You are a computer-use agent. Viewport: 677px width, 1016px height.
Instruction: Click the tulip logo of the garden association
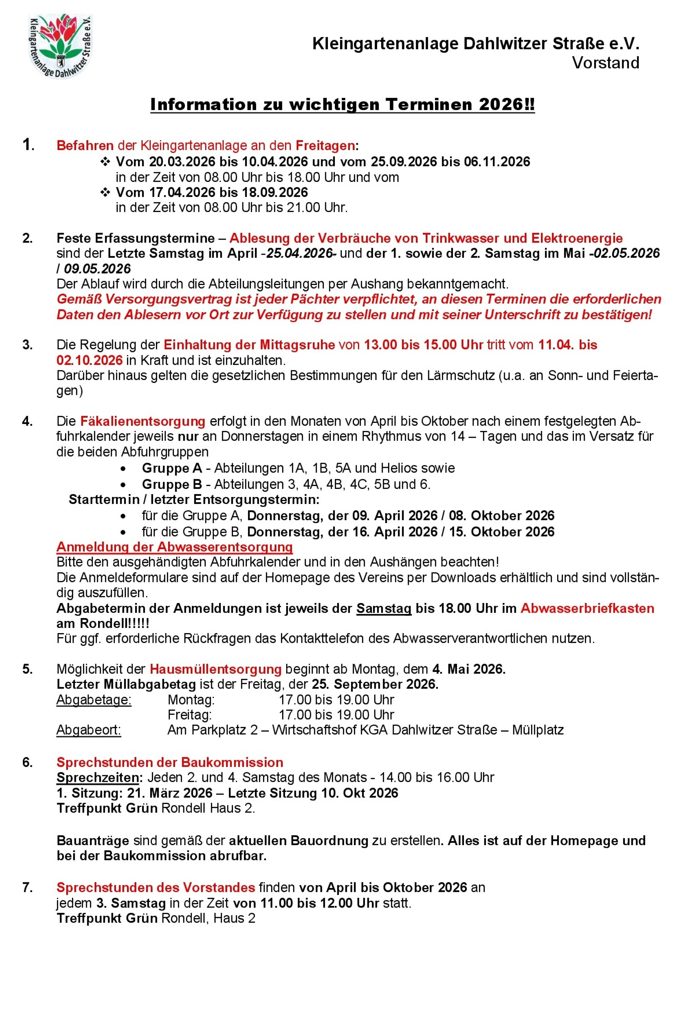click(60, 46)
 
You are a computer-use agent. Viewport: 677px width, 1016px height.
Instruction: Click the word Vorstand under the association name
click(605, 63)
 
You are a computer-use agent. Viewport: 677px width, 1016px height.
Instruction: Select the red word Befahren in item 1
click(85, 145)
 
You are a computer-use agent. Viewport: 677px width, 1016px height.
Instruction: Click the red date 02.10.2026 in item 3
click(89, 360)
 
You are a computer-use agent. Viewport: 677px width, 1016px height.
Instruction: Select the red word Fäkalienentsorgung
click(142, 421)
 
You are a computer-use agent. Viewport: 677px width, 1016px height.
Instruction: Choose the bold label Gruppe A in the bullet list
click(172, 468)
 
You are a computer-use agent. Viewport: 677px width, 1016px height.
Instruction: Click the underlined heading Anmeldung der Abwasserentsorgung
click(174, 547)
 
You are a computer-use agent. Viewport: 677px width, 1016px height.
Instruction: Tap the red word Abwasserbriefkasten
click(587, 608)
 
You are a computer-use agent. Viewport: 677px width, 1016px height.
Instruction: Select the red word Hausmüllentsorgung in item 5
click(216, 669)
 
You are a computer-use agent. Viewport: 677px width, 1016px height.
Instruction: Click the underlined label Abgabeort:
click(89, 730)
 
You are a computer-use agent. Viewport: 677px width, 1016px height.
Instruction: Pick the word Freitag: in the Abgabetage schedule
click(189, 715)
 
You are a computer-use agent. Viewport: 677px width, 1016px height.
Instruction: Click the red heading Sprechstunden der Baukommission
click(170, 762)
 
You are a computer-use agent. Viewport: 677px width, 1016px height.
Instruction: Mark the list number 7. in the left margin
click(28, 887)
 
